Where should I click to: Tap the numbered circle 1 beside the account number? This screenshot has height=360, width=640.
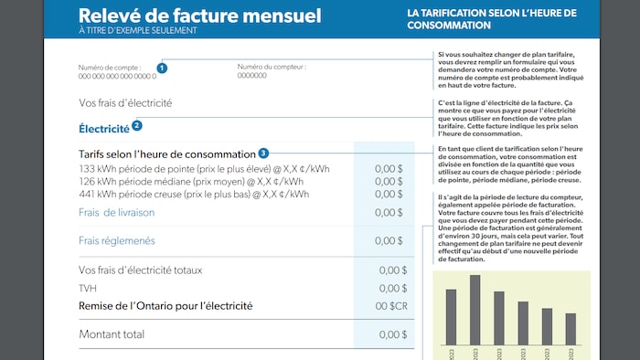click(x=162, y=68)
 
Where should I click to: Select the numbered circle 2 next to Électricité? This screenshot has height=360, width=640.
click(x=137, y=126)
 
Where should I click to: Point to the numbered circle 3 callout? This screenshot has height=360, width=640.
click(x=263, y=154)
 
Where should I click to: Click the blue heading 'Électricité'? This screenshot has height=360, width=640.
click(x=103, y=128)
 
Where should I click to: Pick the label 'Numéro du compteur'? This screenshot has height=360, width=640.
click(x=272, y=67)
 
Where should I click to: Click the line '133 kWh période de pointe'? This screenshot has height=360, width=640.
click(x=204, y=169)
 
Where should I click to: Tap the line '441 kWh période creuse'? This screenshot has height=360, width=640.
click(x=194, y=195)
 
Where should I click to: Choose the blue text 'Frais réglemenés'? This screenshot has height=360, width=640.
click(x=116, y=241)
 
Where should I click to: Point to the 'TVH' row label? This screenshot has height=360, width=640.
click(x=87, y=288)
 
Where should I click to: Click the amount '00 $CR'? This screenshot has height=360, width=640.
click(x=391, y=306)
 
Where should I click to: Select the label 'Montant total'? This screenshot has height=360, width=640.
click(x=112, y=334)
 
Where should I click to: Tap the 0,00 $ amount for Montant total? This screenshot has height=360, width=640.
click(x=392, y=334)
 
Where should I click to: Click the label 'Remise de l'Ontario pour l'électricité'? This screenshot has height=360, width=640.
click(x=165, y=306)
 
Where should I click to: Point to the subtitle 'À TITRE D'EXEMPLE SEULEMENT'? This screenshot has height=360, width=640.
click(x=137, y=30)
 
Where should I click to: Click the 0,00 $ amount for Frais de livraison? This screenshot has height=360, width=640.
click(x=389, y=213)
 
